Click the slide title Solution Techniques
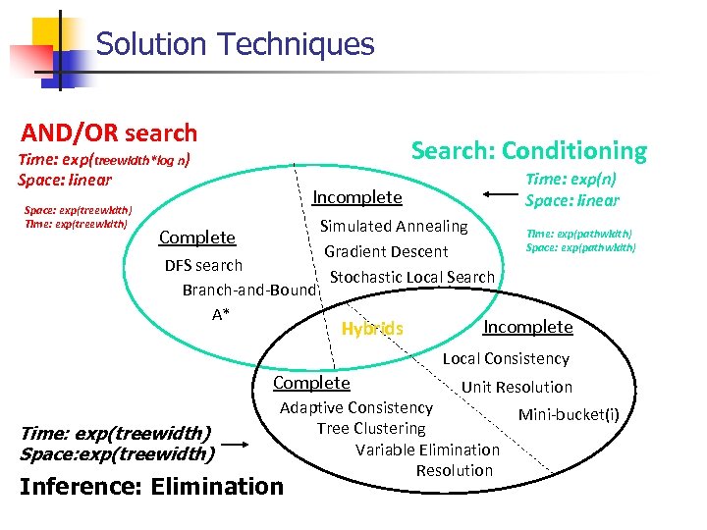pyautogui.click(x=236, y=44)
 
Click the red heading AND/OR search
pyautogui.click(x=110, y=132)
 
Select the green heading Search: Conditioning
pyautogui.click(x=528, y=150)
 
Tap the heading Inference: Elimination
pyautogui.click(x=151, y=486)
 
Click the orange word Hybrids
pyautogui.click(x=371, y=329)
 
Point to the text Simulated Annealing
pyautogui.click(x=394, y=226)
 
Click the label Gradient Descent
pyautogui.click(x=386, y=251)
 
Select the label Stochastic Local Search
pyautogui.click(x=412, y=277)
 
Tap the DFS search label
pyautogui.click(x=203, y=265)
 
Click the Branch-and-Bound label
pyautogui.click(x=249, y=291)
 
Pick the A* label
pyautogui.click(x=221, y=315)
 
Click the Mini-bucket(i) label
pyautogui.click(x=569, y=414)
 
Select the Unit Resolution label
pyautogui.click(x=517, y=387)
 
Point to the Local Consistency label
pyautogui.click(x=506, y=359)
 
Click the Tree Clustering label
pyautogui.click(x=371, y=428)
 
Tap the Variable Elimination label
pyautogui.click(x=427, y=450)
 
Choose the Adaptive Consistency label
pyautogui.click(x=356, y=407)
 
